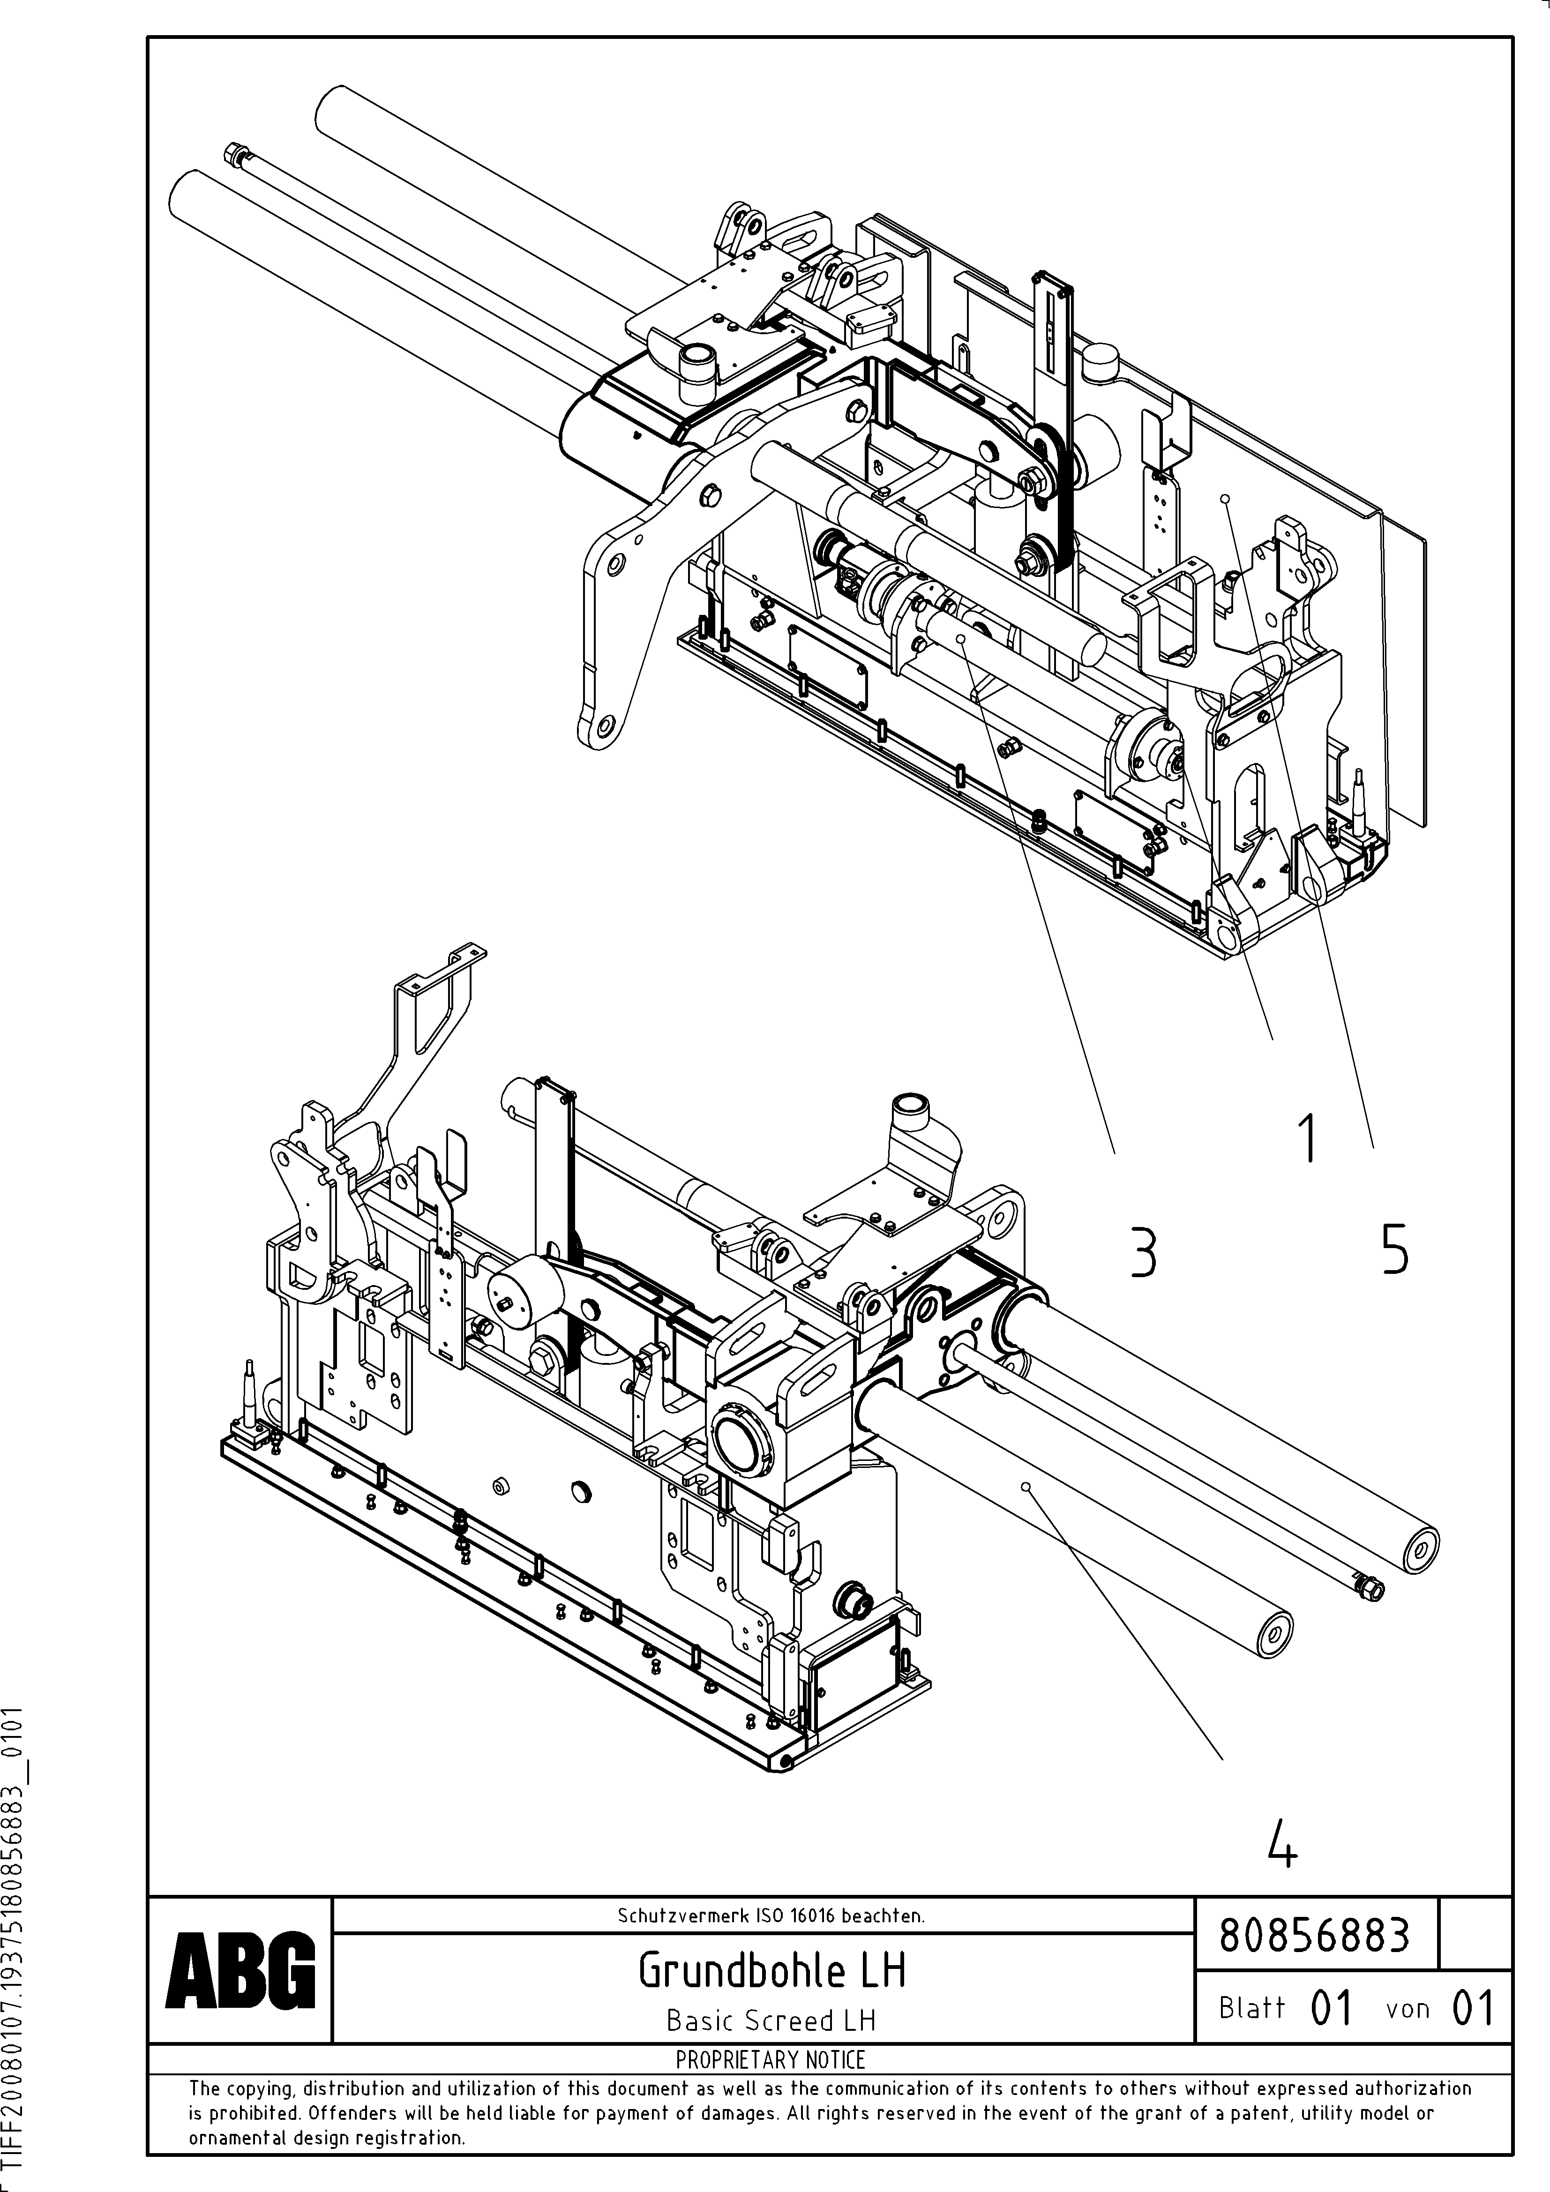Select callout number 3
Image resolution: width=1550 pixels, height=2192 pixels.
tap(1143, 1254)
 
